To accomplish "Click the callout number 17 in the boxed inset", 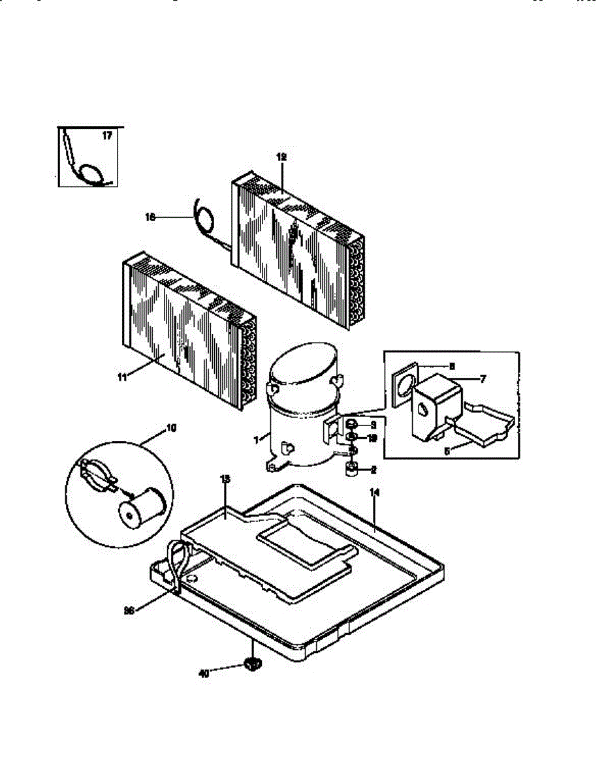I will pyautogui.click(x=107, y=136).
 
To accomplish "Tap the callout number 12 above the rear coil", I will pyautogui.click(x=281, y=157).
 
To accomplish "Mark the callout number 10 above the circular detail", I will pyautogui.click(x=171, y=428).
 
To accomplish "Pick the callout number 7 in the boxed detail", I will pyautogui.click(x=483, y=378).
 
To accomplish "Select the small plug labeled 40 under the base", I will pyautogui.click(x=252, y=664).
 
